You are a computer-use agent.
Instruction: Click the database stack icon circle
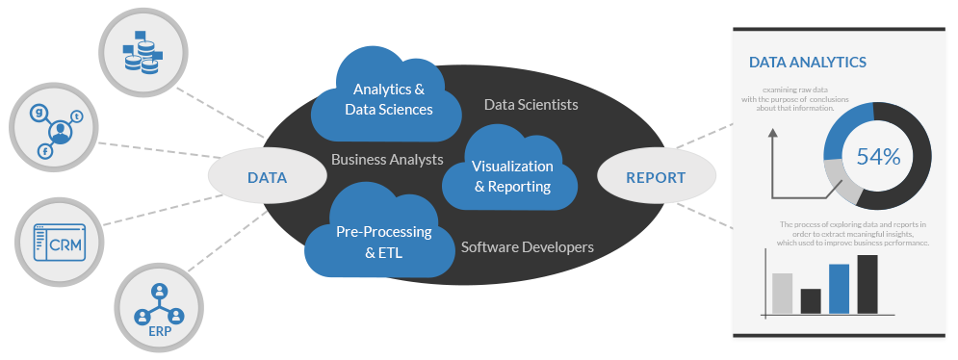[x=142, y=51]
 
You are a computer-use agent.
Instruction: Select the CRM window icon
[x=59, y=243]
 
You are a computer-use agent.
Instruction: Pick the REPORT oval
[x=656, y=178]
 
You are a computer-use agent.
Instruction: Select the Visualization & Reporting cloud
[x=512, y=176]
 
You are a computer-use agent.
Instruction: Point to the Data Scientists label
[x=531, y=104]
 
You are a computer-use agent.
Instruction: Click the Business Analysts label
[x=387, y=159]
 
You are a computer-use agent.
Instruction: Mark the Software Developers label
[x=527, y=247]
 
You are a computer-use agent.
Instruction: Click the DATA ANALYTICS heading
[x=808, y=63]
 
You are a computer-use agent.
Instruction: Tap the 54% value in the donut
[x=877, y=157]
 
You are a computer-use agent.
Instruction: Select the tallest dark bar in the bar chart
[x=867, y=284]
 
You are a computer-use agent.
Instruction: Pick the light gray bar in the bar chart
[x=782, y=293]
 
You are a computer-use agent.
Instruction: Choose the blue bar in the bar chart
[x=839, y=289]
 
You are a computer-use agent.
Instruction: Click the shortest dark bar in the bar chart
[x=811, y=300]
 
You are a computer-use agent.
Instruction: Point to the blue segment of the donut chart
[x=845, y=123]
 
